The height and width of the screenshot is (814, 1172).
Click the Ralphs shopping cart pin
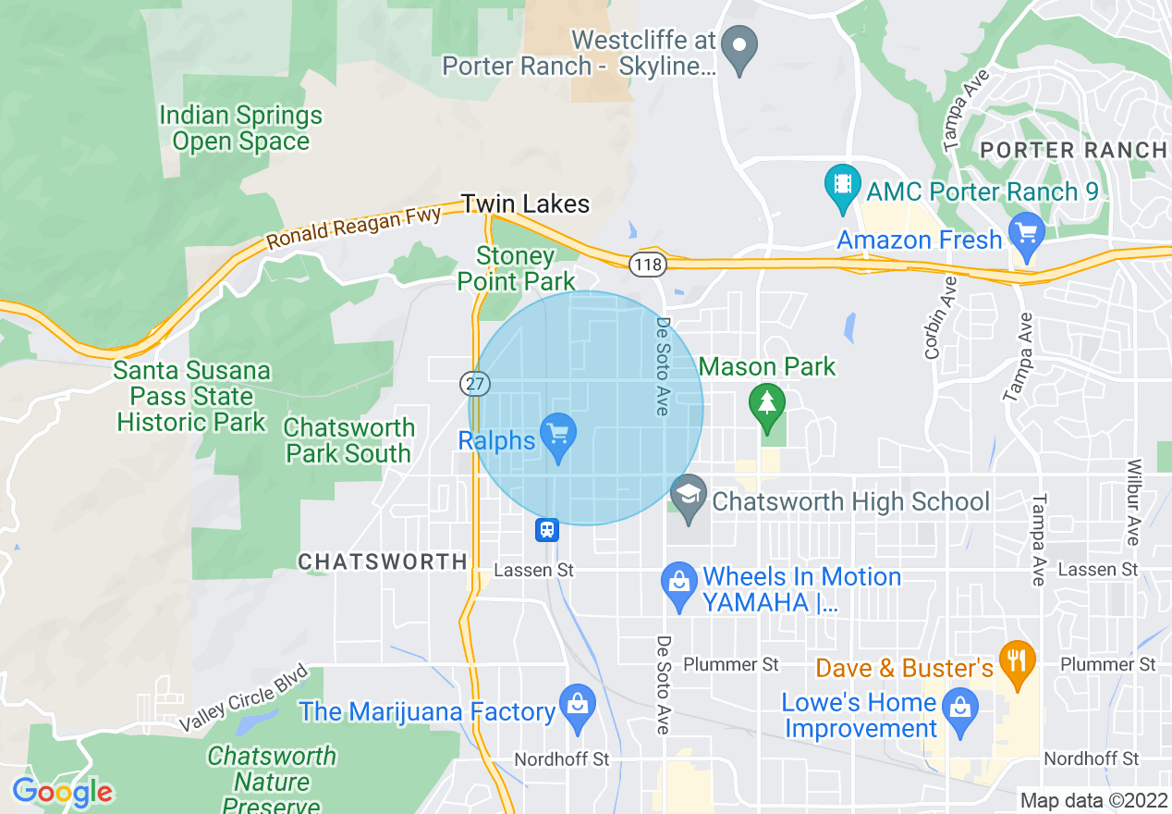pyautogui.click(x=557, y=435)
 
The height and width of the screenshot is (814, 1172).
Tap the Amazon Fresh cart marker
pyautogui.click(x=1027, y=233)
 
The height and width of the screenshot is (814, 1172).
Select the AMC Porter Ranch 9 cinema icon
pyautogui.click(x=842, y=183)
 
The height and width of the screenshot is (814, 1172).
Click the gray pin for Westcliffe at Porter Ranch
pyautogui.click(x=739, y=47)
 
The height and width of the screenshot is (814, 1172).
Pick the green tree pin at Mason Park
pyautogui.click(x=766, y=405)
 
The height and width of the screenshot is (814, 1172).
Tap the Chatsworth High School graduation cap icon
pyautogui.click(x=688, y=494)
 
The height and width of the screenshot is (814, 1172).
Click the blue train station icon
pyautogui.click(x=546, y=530)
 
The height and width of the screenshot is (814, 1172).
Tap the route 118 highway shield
pyautogui.click(x=646, y=265)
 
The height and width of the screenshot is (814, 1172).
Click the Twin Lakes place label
pyautogui.click(x=525, y=203)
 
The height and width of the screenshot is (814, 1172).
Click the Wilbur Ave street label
pyautogui.click(x=1134, y=501)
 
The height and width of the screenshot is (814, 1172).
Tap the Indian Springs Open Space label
pyautogui.click(x=240, y=129)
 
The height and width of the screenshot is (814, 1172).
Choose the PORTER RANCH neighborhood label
pyautogui.click(x=1072, y=150)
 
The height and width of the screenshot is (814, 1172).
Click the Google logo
pyautogui.click(x=62, y=792)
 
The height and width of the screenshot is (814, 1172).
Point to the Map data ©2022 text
pyautogui.click(x=1091, y=800)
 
